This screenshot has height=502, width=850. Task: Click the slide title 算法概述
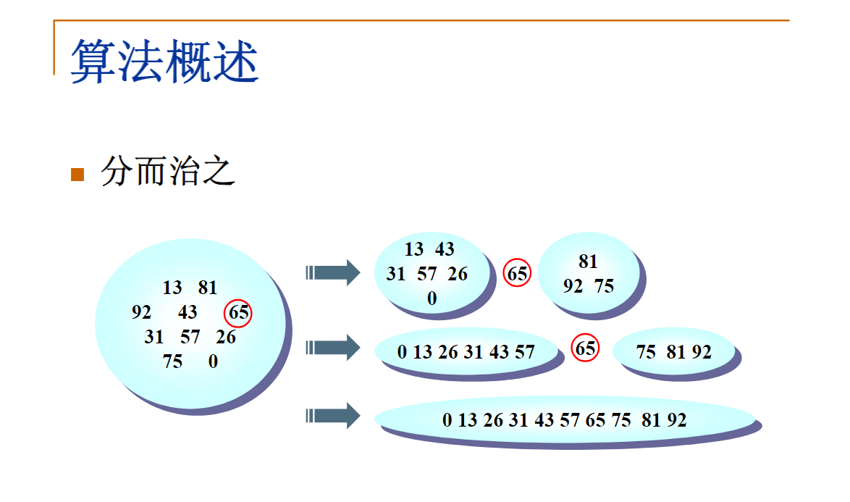click(164, 61)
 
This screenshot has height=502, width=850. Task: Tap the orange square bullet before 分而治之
click(77, 175)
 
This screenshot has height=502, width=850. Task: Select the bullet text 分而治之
click(168, 172)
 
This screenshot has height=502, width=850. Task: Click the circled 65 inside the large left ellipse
click(239, 314)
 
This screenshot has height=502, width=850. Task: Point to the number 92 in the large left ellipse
click(142, 312)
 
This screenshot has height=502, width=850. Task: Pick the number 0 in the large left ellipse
click(213, 361)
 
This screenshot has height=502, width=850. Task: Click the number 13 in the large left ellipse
click(172, 288)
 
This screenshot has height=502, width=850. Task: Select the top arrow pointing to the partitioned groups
click(332, 272)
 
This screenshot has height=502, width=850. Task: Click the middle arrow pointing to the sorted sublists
click(332, 348)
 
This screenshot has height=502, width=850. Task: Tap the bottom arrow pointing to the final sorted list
click(332, 416)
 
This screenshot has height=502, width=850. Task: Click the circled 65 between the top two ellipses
click(517, 274)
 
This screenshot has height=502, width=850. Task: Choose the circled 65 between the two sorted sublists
click(585, 348)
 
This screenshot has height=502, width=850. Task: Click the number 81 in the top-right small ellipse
click(588, 262)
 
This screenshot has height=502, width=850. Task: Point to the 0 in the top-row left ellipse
click(432, 298)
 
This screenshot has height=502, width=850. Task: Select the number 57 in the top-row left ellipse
click(427, 274)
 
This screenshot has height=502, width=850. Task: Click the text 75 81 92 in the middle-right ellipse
click(673, 352)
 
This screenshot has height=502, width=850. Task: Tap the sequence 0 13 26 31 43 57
click(466, 352)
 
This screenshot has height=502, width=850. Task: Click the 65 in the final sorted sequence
click(595, 419)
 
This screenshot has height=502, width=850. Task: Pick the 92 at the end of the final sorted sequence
click(676, 419)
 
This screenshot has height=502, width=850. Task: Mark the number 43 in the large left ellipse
click(188, 312)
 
